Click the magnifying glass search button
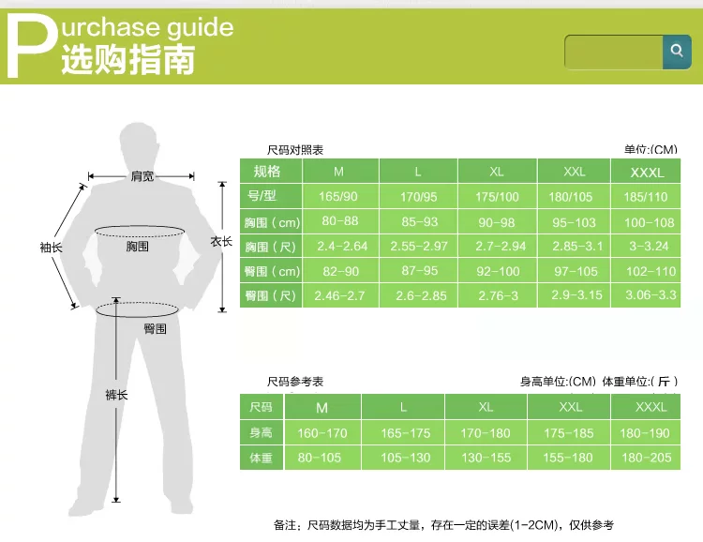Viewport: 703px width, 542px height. [677, 52]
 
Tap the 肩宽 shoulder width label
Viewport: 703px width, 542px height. [142, 176]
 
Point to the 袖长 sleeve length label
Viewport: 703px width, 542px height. [52, 248]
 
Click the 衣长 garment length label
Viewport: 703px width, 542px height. [221, 241]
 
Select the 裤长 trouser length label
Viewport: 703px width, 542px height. [116, 395]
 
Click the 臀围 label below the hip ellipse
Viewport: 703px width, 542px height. [155, 329]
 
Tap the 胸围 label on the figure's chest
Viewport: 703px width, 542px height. [137, 246]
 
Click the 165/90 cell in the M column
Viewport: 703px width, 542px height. [338, 197]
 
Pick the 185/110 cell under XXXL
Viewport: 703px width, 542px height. [646, 197]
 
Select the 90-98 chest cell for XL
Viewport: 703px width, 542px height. [496, 222]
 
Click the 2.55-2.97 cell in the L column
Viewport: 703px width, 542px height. [419, 246]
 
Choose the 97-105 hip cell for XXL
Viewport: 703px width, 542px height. [576, 271]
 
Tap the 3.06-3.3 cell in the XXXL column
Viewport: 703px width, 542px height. [651, 294]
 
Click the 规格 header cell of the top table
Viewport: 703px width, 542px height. [267, 171]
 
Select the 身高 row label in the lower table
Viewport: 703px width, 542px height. [261, 432]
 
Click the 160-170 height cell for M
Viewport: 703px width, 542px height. [322, 433]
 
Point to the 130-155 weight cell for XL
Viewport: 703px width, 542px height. [486, 458]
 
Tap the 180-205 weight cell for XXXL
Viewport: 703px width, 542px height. [647, 458]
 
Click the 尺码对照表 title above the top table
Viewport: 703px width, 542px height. [295, 150]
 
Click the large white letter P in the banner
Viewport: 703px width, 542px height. [32, 45]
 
